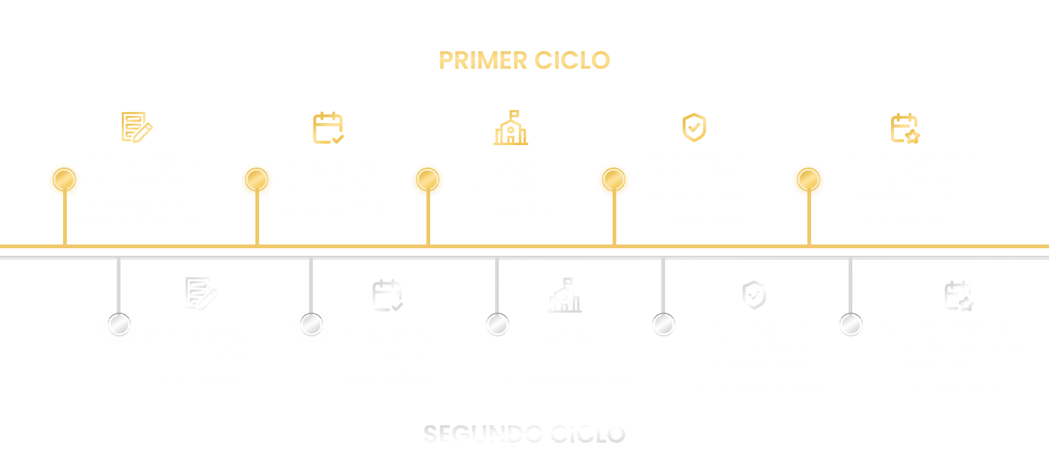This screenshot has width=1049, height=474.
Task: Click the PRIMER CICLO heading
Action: coord(524,61)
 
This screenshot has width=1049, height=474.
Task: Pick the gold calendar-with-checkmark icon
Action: coord(328,128)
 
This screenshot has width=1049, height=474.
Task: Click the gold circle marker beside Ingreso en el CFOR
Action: coord(428,180)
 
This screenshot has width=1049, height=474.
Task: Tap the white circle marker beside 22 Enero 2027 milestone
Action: coord(850,325)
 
